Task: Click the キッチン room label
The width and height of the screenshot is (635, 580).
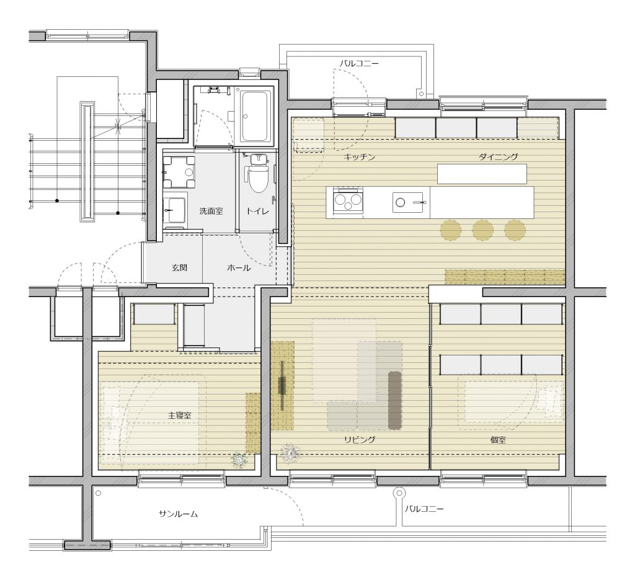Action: (x=359, y=157)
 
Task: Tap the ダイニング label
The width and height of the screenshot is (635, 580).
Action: (x=498, y=157)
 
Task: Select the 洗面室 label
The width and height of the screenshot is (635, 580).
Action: (x=211, y=211)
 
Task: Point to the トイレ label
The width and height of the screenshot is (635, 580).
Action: (x=257, y=211)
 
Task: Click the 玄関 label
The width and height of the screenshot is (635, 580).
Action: (x=179, y=268)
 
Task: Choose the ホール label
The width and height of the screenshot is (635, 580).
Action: (x=239, y=268)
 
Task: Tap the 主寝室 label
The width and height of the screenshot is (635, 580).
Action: (x=180, y=415)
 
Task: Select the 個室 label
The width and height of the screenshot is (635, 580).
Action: (x=498, y=439)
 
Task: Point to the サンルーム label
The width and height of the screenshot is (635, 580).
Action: (x=178, y=514)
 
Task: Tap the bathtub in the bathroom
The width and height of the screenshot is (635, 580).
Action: (x=256, y=116)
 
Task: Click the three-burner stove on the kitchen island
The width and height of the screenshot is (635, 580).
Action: (x=347, y=200)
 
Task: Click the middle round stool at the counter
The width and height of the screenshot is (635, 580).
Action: (x=482, y=231)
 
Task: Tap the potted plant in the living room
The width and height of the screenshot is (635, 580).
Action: (x=290, y=452)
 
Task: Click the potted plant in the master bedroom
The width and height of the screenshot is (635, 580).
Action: (x=239, y=461)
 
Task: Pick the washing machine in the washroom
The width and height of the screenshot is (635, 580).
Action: (x=179, y=172)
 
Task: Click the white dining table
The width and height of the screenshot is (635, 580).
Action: (x=482, y=174)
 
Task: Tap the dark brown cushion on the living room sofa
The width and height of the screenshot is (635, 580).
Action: (x=394, y=399)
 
